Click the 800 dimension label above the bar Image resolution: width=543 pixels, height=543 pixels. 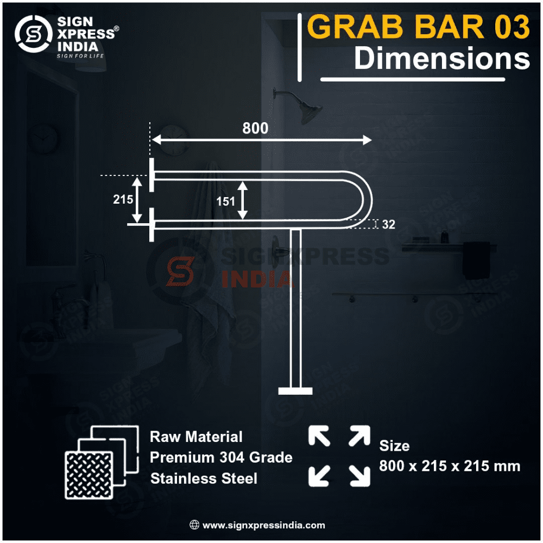tap(255, 128)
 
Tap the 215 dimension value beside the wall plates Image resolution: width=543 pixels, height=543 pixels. tap(123, 199)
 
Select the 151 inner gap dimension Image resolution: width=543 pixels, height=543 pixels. tap(225, 201)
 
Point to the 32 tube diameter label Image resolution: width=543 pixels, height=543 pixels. tap(389, 224)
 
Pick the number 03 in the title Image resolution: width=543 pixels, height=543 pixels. tap(512, 27)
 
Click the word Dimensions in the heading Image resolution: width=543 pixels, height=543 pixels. tap(442, 58)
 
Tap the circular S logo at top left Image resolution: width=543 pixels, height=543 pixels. tap(34, 34)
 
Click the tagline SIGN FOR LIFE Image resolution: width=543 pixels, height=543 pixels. tap(80, 56)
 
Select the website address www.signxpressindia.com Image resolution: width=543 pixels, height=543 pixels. tap(263, 525)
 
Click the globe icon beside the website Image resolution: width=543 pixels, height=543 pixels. tap(194, 525)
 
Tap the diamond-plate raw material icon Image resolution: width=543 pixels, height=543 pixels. tap(102, 462)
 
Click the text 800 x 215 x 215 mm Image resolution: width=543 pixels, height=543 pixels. tap(450, 466)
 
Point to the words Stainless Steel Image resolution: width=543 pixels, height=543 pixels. tap(204, 478)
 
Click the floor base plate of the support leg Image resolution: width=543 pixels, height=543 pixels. tap(295, 391)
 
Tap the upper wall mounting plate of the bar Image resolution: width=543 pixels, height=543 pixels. tap(151, 175)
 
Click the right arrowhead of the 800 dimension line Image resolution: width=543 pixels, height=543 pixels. tap(367, 140)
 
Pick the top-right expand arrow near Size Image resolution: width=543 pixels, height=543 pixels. tap(360, 435)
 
